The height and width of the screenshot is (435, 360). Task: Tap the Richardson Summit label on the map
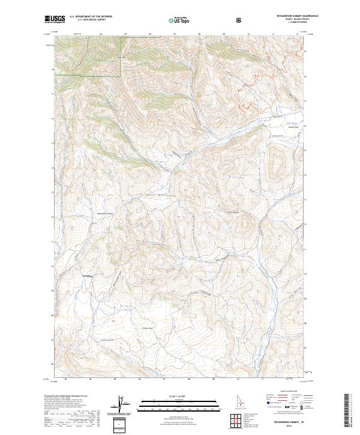[104, 212]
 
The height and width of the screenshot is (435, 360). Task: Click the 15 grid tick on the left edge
[52, 143]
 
